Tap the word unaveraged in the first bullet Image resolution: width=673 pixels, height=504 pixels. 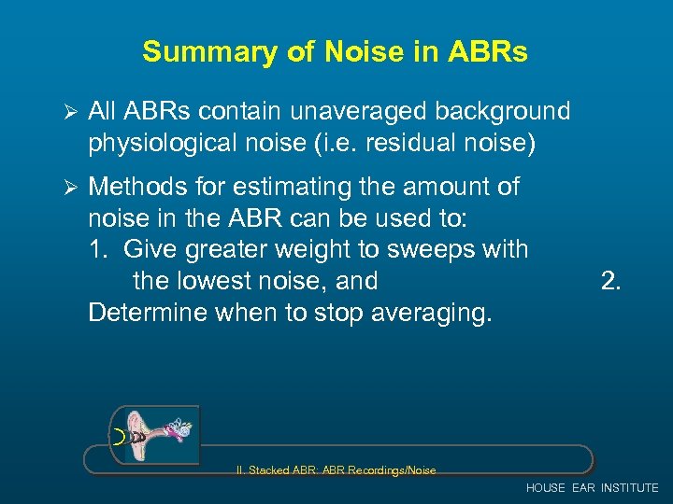(352, 112)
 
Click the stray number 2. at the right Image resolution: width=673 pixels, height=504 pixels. (610, 281)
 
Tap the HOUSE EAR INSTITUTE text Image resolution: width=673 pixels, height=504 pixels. (592, 488)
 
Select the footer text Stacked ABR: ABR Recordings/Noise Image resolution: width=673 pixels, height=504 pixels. (342, 471)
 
